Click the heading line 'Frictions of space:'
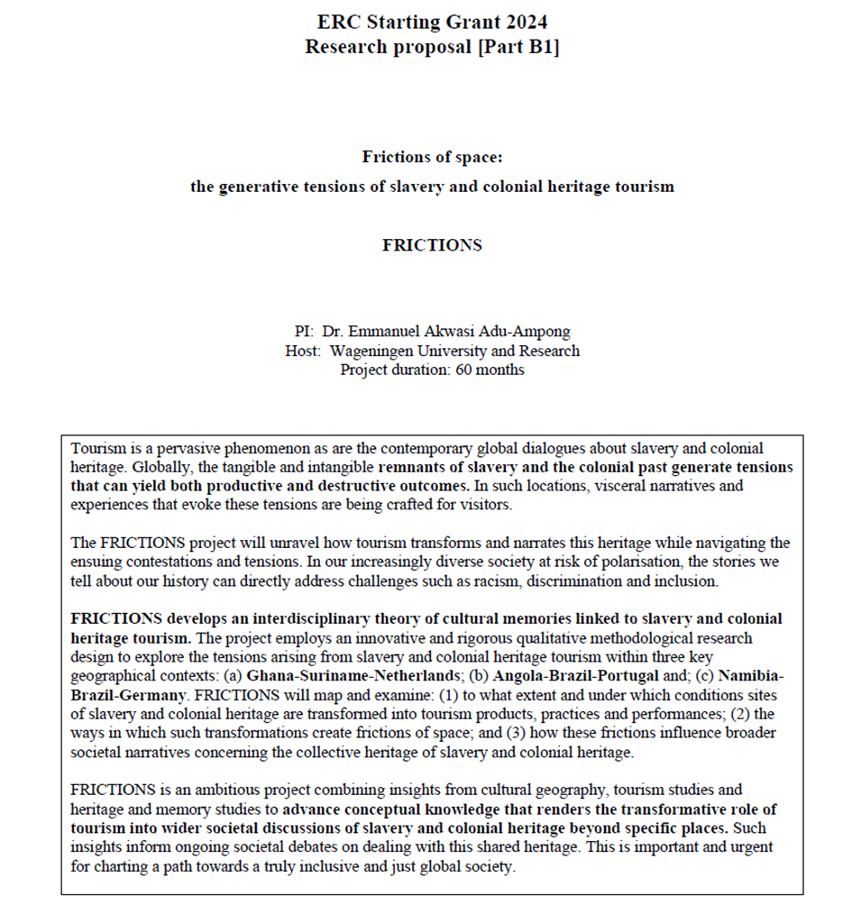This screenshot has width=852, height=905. [x=432, y=158]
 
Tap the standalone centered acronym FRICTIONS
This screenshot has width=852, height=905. [x=432, y=244]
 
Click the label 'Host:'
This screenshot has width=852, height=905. [x=303, y=351]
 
